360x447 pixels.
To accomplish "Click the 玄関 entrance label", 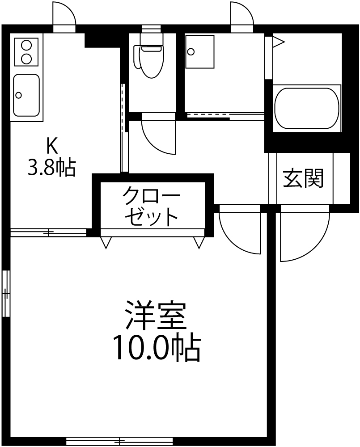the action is [303, 178].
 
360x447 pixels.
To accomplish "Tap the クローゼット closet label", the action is [151, 206].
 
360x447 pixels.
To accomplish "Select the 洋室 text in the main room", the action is [156, 317].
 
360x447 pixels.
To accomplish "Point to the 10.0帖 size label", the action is [157, 348].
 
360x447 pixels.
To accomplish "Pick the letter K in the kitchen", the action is [52, 146].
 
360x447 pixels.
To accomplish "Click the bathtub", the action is [307, 108].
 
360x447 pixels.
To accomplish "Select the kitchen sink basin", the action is [26, 95].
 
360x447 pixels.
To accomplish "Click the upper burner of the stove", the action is [26, 46].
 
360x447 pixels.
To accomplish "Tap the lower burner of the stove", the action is [26, 59].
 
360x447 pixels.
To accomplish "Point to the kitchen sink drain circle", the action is [18, 95].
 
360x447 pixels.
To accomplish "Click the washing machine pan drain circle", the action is [191, 52].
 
